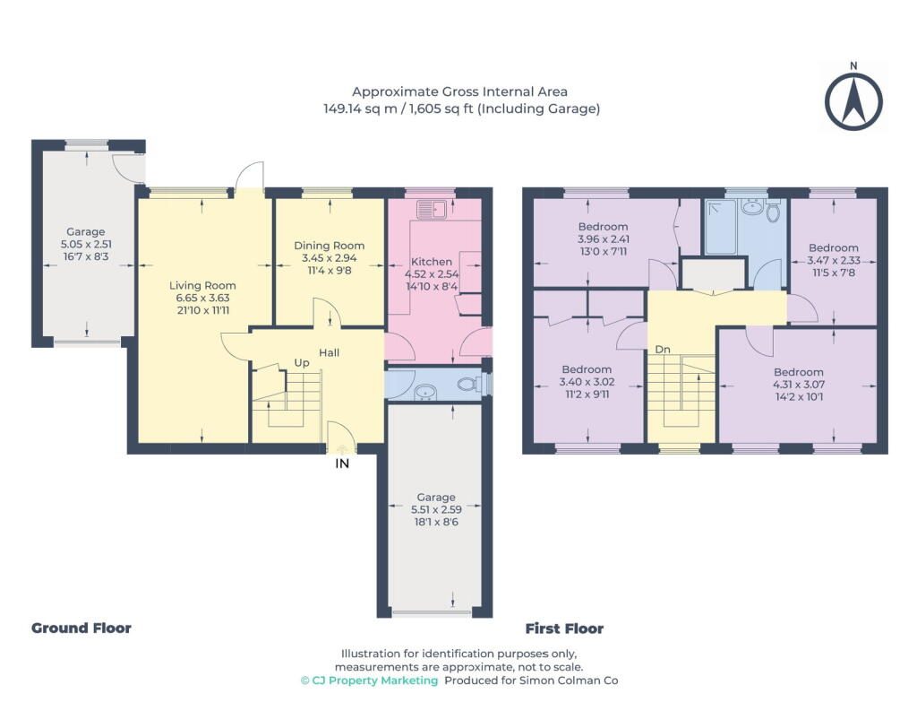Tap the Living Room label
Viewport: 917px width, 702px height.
coord(202,286)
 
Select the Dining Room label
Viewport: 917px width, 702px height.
coord(329,246)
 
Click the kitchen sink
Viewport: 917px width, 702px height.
coord(432,209)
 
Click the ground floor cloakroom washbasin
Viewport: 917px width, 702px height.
coord(424,393)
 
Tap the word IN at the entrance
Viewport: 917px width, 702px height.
coord(342,464)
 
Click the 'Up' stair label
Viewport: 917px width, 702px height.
coord(302,363)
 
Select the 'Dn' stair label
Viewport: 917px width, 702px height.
coord(663,350)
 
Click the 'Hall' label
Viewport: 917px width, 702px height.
coord(330,352)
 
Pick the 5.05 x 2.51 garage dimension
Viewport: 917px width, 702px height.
coord(86,244)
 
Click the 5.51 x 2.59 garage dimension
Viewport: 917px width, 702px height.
coord(436,509)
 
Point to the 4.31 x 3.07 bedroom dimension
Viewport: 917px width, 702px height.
coord(799,385)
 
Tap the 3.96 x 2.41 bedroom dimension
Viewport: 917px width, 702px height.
coord(603,238)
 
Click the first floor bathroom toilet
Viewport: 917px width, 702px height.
coord(773,212)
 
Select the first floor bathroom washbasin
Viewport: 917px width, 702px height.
coord(750,207)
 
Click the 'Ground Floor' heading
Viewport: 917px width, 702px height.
coord(81,628)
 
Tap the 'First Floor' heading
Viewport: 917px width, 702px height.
coord(564,628)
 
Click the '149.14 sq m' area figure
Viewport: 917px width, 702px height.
coord(360,108)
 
